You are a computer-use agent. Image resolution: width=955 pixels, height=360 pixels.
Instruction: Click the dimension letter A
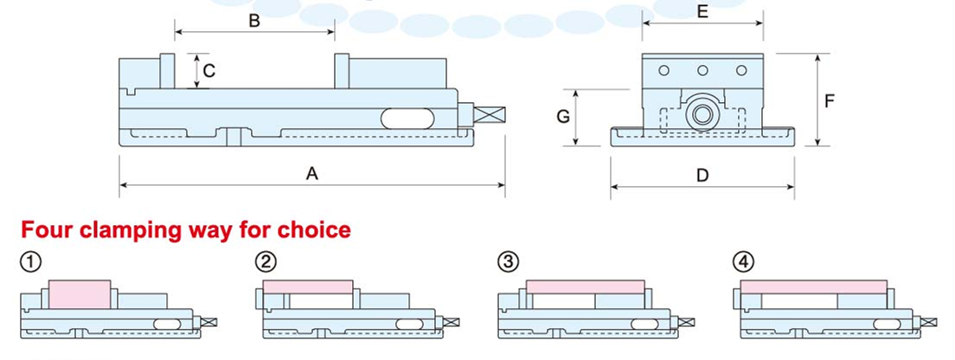pos(312,174)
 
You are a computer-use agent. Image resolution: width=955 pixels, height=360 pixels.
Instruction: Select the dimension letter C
pos(209,71)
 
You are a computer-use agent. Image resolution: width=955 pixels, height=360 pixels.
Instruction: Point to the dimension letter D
pos(702,176)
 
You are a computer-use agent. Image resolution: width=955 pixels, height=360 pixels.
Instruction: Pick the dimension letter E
pos(702,11)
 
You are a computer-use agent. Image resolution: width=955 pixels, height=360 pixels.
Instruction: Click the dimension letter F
pos(829,101)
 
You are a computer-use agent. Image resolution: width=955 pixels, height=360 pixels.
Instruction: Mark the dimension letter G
pos(563,117)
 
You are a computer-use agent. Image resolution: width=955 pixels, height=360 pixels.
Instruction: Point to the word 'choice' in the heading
pos(314,230)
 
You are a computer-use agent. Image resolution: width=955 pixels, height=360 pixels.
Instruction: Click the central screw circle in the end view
pos(701,114)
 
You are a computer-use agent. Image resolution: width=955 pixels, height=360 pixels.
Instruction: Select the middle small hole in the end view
pos(702,70)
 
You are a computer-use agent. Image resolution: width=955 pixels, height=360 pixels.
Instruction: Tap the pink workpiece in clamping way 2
pos(307,286)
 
